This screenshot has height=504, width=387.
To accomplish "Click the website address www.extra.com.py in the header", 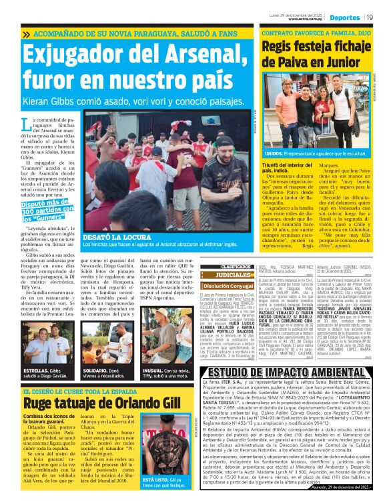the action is tap(307, 19).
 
